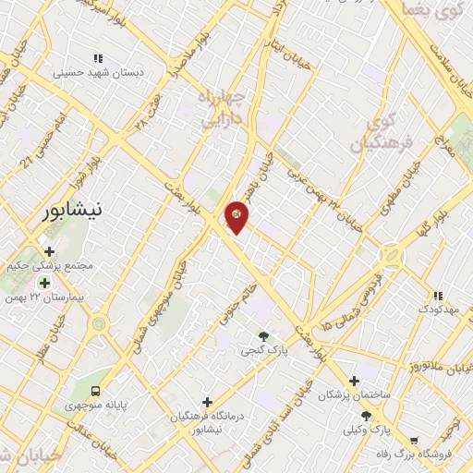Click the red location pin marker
click(236, 216)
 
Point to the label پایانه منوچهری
click(95, 405)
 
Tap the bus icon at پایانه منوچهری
click(95, 390)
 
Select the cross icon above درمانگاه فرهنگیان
click(207, 402)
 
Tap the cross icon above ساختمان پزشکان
click(354, 380)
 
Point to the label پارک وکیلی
click(367, 431)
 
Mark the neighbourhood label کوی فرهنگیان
click(374, 130)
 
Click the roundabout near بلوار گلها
click(392, 254)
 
